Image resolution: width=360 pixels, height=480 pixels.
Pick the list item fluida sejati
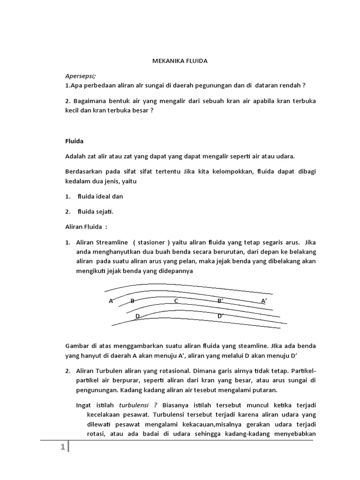[x=96, y=211]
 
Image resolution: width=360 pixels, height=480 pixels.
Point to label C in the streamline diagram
[x=176, y=301]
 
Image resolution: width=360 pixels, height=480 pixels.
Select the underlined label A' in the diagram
[x=264, y=301]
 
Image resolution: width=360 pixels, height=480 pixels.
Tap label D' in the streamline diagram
[x=220, y=316]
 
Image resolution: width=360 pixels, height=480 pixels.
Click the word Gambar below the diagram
[x=76, y=346]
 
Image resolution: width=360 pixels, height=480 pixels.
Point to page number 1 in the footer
[x=62, y=448]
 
